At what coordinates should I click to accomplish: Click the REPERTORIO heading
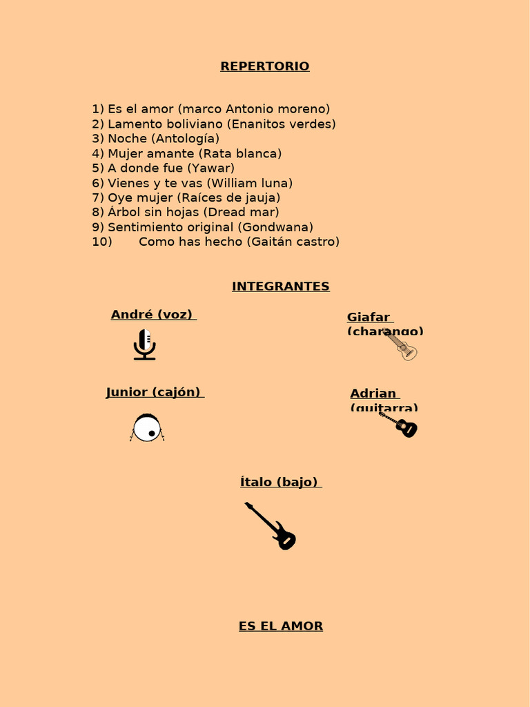point(265,66)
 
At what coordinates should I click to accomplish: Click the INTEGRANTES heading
point(280,287)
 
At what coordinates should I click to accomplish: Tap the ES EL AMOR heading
point(280,626)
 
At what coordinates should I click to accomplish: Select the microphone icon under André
point(144,345)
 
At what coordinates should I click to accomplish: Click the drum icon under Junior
point(147,427)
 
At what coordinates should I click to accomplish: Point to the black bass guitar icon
point(271,526)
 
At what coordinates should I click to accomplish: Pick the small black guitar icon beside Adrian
point(400,425)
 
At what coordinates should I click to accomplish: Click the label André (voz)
point(152,315)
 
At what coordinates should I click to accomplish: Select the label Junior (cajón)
point(153,392)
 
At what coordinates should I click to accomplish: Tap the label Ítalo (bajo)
point(279,482)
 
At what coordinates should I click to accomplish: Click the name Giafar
point(369,318)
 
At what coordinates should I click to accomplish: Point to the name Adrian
point(373,394)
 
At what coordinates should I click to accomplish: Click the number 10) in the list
point(101,242)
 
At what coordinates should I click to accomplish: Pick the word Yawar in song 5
point(213,168)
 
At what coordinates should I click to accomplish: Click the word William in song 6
point(232,183)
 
